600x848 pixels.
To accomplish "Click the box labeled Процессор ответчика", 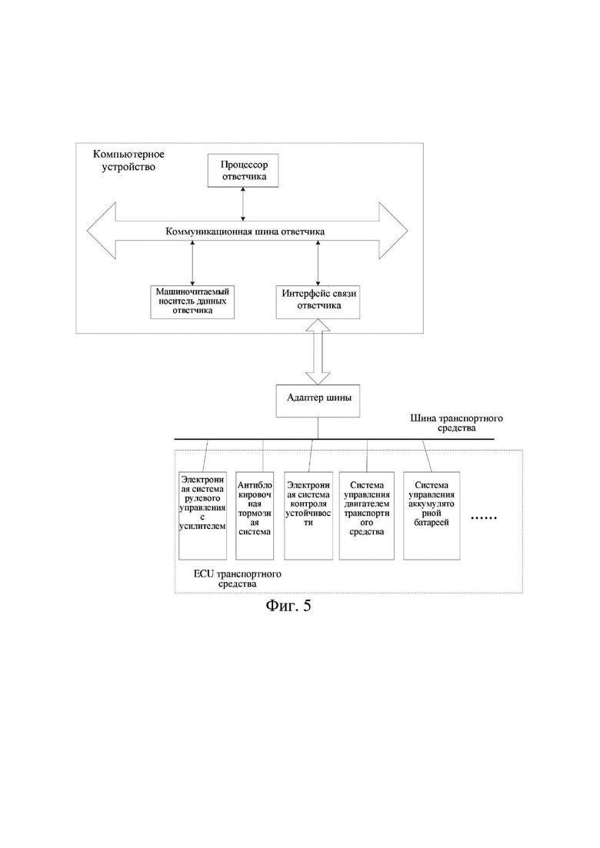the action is (x=243, y=171).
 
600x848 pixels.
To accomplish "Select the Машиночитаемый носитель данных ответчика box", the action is (x=192, y=302).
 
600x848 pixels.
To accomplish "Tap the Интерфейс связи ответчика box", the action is (x=318, y=302).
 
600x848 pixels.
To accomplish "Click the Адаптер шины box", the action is (x=318, y=401).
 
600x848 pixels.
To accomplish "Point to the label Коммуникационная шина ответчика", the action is (x=245, y=231).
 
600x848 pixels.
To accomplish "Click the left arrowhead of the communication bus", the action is (x=102, y=231).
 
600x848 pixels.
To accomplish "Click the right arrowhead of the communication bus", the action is (x=393, y=231).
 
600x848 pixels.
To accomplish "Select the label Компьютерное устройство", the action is (x=128, y=161).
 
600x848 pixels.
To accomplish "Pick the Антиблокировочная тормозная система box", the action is (x=255, y=516).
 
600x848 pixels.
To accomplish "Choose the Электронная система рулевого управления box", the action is (x=202, y=516).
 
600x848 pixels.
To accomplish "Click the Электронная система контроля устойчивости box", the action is (x=308, y=516).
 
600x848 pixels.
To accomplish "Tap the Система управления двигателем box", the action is (x=367, y=516).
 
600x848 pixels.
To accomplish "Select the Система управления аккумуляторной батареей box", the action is (x=432, y=516).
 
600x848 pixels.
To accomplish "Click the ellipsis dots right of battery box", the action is (x=484, y=519).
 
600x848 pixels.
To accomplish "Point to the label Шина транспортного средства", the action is (x=457, y=423).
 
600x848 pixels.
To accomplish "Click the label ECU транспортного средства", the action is (x=238, y=579).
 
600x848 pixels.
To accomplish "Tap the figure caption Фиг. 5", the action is (x=288, y=605).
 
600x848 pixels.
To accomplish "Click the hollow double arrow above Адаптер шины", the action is (x=318, y=351).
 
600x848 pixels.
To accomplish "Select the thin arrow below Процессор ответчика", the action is (x=243, y=204).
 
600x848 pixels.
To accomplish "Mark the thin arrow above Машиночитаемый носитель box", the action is (x=192, y=264).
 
